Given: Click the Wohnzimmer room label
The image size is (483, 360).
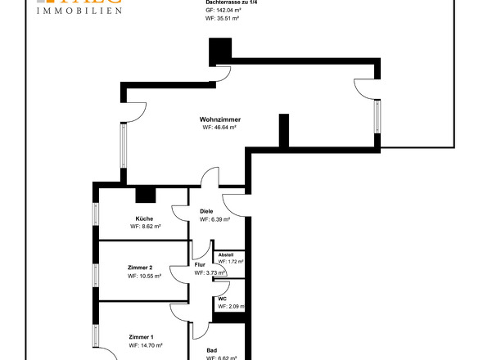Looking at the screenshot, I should point(219,119).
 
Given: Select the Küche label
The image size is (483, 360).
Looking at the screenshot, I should point(145,218).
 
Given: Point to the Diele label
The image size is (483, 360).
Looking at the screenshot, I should point(206,211).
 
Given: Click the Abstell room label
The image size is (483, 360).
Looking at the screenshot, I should point(225,254).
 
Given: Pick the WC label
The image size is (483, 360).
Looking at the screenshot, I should point(222,299).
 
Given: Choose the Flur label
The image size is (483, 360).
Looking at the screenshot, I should point(199,264).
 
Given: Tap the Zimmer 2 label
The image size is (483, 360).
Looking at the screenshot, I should point(141,268).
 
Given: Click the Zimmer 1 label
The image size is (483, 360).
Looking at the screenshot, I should point(141,337).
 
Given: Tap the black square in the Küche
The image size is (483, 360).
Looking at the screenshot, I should point(146,194).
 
